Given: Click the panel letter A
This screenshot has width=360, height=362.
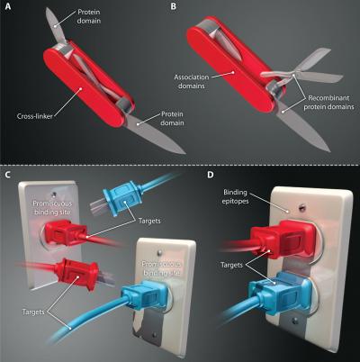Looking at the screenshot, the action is point(8,6).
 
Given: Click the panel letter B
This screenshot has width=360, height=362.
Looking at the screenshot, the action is point(173,6).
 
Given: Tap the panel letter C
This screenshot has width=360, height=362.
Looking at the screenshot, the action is point(8,175).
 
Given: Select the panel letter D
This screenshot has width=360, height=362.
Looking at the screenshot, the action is point(211,175).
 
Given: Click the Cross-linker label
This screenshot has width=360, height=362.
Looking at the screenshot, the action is point(35,116).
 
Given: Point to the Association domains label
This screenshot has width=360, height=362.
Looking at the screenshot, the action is point(192,81).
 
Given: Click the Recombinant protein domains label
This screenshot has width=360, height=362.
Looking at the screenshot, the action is point(328,103).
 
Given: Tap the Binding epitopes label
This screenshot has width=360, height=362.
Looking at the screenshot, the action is point(235,196).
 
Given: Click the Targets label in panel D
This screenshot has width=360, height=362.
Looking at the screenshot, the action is point(231,265).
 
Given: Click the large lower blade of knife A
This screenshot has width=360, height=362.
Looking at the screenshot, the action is point(155,133).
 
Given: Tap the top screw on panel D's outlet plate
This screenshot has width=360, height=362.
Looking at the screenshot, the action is point(302,206).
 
